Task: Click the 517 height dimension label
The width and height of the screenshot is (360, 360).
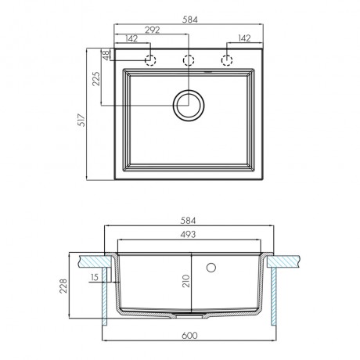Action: [82, 121]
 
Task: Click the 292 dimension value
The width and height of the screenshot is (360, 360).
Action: [153, 30]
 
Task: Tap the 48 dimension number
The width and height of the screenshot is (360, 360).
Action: [106, 56]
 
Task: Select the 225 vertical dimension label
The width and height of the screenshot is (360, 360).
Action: [96, 79]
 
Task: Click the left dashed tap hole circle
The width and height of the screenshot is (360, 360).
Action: [150, 60]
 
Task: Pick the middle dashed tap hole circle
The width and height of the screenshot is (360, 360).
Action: [189, 60]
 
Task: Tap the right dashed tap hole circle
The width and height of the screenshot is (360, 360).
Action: [227, 60]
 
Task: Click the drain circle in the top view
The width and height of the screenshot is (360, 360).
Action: [189, 106]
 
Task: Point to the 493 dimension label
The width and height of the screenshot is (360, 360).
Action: [188, 235]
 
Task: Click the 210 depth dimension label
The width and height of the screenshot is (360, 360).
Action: [186, 281]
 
